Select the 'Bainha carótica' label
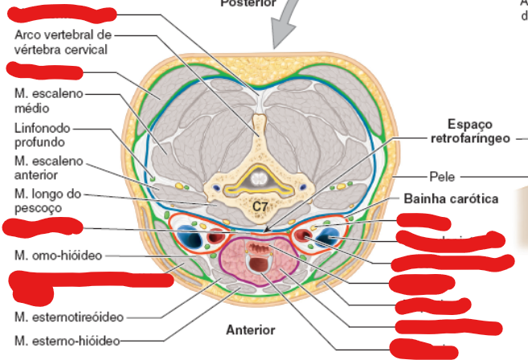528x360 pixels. click(451, 198)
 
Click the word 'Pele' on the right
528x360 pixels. click(443, 176)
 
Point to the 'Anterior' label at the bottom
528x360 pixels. click(250, 329)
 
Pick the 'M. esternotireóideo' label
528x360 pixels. click(69, 317)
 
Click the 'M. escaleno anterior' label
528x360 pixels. click(48, 167)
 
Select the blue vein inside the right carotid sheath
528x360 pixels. click(328, 236)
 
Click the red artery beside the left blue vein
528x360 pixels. click(215, 237)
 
